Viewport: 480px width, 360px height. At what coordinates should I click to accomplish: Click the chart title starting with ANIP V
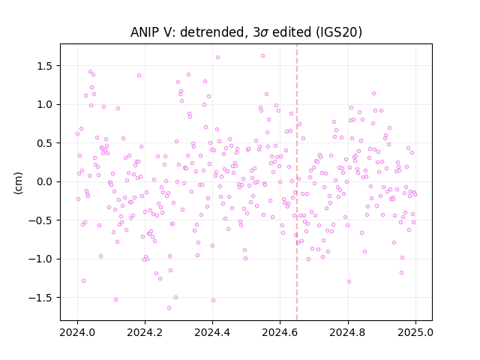pos(246,32)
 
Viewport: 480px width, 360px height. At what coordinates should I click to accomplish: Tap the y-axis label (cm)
pos(18,183)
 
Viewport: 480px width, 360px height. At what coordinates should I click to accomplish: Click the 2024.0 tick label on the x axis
pos(77,332)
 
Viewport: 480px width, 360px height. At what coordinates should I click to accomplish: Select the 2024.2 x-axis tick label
pos(145,332)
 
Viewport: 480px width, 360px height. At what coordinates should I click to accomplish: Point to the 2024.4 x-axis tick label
pos(212,332)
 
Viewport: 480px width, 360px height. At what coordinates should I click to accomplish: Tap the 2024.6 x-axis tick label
pos(280,332)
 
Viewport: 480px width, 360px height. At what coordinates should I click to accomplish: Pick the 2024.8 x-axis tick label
pos(348,332)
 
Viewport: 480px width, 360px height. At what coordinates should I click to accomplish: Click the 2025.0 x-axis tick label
pos(415,332)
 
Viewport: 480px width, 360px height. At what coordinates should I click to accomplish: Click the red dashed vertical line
pos(297,182)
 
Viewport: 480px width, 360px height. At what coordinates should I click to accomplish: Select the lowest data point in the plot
pos(169,307)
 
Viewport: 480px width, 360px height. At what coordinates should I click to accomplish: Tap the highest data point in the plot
pos(262,56)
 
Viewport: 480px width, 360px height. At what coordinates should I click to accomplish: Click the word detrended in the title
pos(214,32)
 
